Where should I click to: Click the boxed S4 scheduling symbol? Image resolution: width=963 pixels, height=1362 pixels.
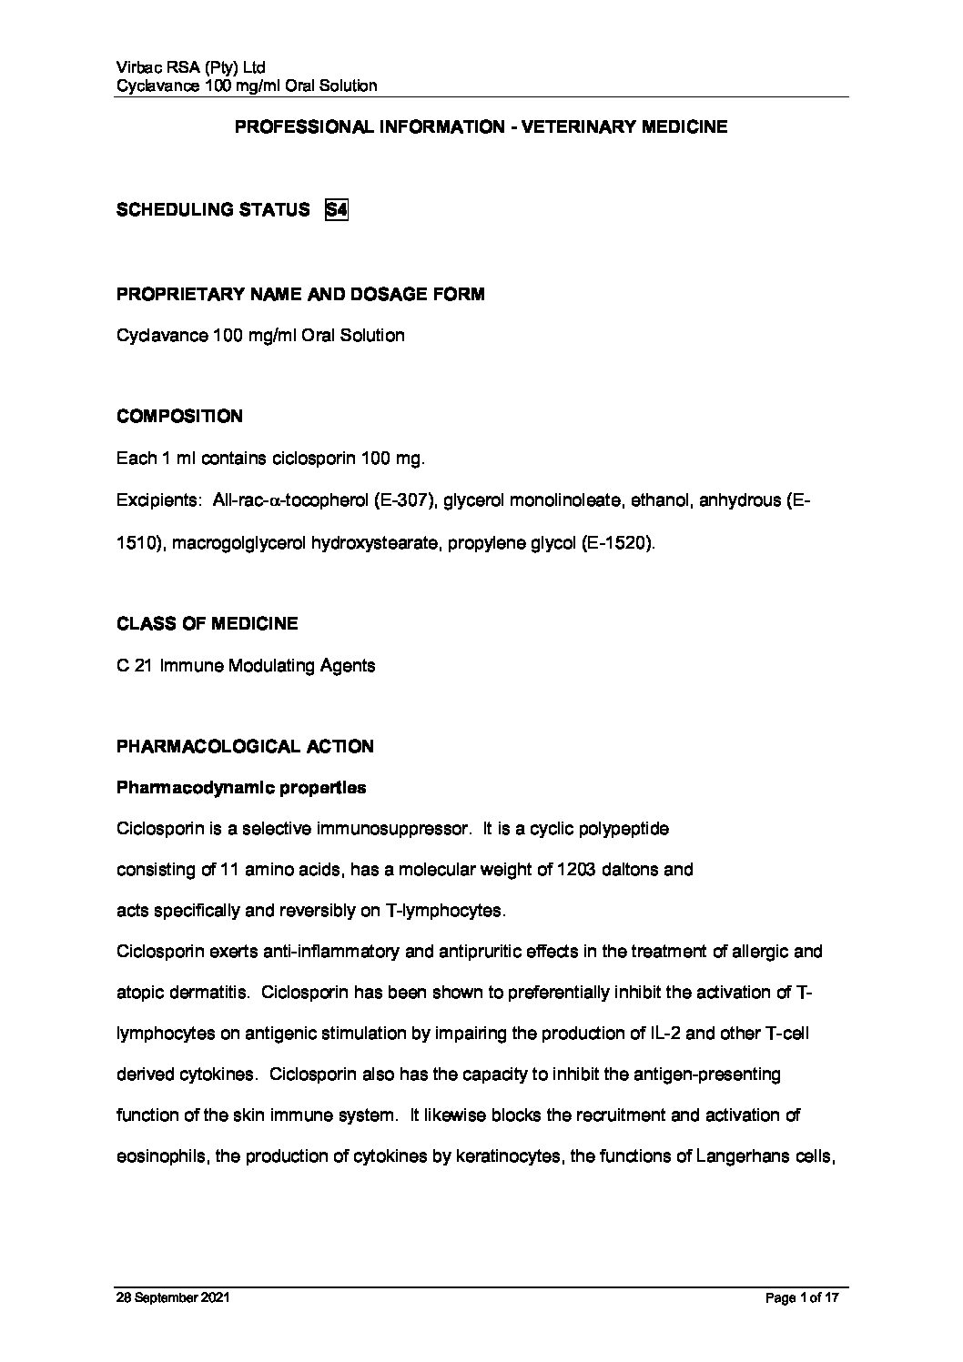click(x=337, y=210)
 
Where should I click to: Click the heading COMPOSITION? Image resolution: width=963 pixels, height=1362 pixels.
click(x=179, y=417)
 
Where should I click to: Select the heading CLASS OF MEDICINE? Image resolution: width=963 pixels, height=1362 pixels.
click(x=207, y=624)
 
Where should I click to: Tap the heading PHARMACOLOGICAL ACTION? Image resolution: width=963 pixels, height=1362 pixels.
click(x=245, y=747)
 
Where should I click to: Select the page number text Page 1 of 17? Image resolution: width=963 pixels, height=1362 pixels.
click(x=801, y=1298)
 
